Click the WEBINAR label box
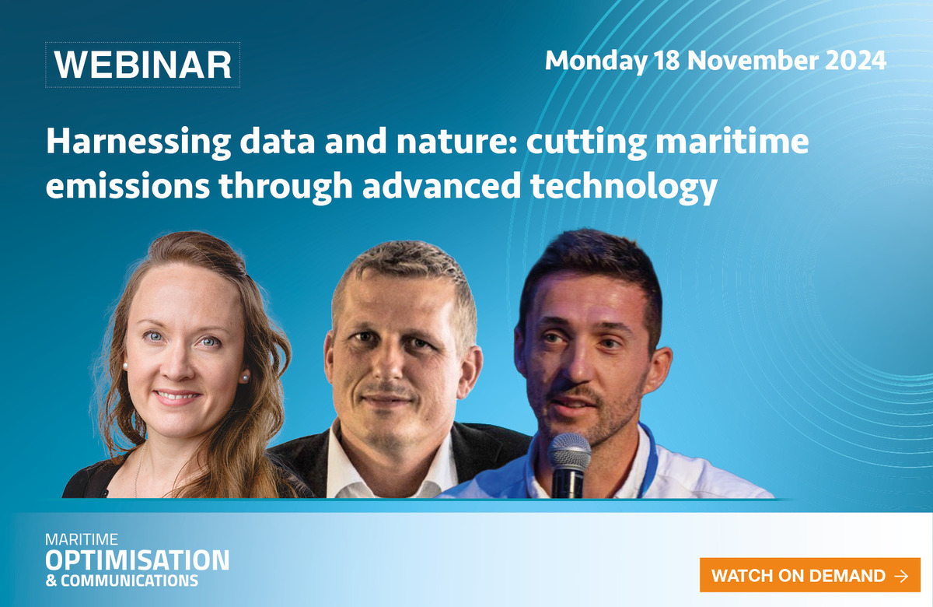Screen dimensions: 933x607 (142, 65)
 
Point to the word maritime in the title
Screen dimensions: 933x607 (732, 141)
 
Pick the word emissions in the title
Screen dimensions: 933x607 (128, 185)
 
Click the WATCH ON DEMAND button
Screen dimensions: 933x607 (809, 575)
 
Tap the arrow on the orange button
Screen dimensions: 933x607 (901, 576)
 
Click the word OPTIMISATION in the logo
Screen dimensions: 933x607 (137, 560)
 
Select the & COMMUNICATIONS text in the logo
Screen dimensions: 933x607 (121, 581)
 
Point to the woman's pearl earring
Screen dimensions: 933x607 (245, 378)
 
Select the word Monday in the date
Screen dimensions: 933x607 (596, 61)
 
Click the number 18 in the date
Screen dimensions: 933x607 (667, 61)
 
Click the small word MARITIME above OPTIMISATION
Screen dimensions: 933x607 (82, 539)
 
